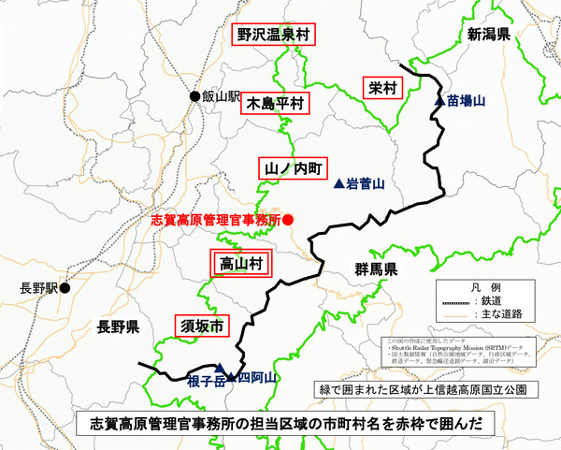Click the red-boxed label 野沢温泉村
[272, 36]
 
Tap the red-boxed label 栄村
[382, 88]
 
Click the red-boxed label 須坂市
[201, 327]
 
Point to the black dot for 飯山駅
[194, 96]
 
